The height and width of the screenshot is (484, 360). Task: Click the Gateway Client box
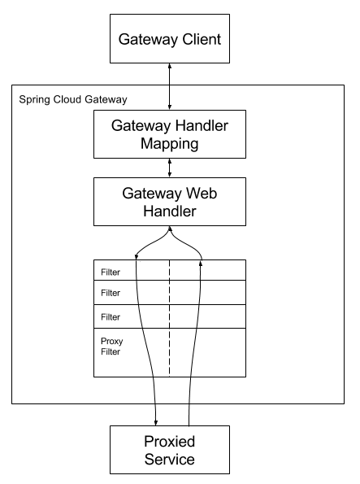coord(169,38)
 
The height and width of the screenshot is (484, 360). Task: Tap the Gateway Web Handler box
coord(169,202)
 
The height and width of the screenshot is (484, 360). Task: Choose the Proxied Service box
coord(169,450)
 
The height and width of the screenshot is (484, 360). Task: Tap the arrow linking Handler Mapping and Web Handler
coord(169,168)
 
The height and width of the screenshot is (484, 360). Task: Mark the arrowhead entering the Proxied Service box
coord(156,421)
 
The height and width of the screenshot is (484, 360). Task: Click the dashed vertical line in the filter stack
coord(169,317)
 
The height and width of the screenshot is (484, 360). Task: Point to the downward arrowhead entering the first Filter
coord(136,258)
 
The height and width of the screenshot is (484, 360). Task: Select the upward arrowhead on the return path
coord(200,258)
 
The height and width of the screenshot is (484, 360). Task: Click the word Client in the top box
coord(203,38)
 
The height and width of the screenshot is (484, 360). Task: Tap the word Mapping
coord(169,144)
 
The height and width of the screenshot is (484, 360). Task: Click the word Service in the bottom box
coord(169,460)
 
